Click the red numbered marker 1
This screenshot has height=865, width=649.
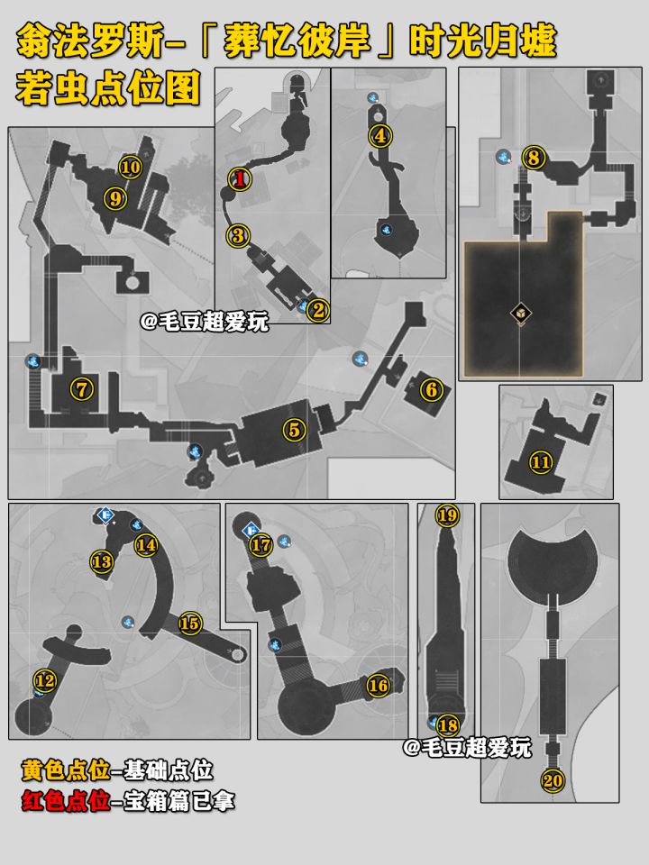point(240,178)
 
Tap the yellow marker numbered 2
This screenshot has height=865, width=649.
point(318,311)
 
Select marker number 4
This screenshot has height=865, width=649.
point(380,136)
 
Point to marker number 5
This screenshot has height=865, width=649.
point(294,430)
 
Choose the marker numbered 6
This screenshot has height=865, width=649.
point(432,390)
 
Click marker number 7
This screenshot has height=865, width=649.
point(82,389)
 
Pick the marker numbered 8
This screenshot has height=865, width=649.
point(533,159)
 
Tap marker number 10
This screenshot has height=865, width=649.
point(131,168)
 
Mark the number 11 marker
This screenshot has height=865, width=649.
point(541,462)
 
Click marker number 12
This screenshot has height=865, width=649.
point(45,680)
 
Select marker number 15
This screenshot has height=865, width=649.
point(189,624)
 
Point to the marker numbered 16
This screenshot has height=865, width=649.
point(379,686)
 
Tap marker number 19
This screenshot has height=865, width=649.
point(447,515)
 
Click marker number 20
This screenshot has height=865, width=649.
point(553,780)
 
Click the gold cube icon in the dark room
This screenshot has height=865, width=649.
point(521,314)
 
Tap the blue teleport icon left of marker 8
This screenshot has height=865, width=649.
point(503,157)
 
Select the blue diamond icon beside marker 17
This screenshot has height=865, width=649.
point(251,531)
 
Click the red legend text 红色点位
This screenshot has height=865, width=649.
point(66,801)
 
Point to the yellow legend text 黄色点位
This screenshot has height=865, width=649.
point(66,770)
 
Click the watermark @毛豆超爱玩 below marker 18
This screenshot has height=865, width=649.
point(467,748)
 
